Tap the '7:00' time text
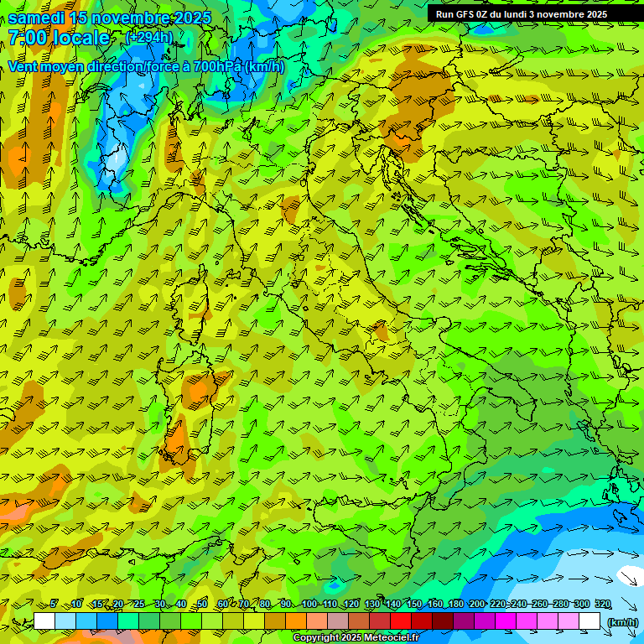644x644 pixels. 27,38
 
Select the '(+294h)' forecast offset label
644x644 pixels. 149,38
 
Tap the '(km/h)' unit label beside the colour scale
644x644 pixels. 622,622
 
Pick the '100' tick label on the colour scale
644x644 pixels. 309,605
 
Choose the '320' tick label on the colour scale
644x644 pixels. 602,605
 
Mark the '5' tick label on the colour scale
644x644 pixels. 55,605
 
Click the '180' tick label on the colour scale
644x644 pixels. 455,605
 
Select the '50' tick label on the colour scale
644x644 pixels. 202,605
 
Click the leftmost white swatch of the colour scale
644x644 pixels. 44,621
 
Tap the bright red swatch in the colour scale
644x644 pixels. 401,621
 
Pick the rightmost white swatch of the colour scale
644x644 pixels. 589,621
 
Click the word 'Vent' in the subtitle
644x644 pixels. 24,66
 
